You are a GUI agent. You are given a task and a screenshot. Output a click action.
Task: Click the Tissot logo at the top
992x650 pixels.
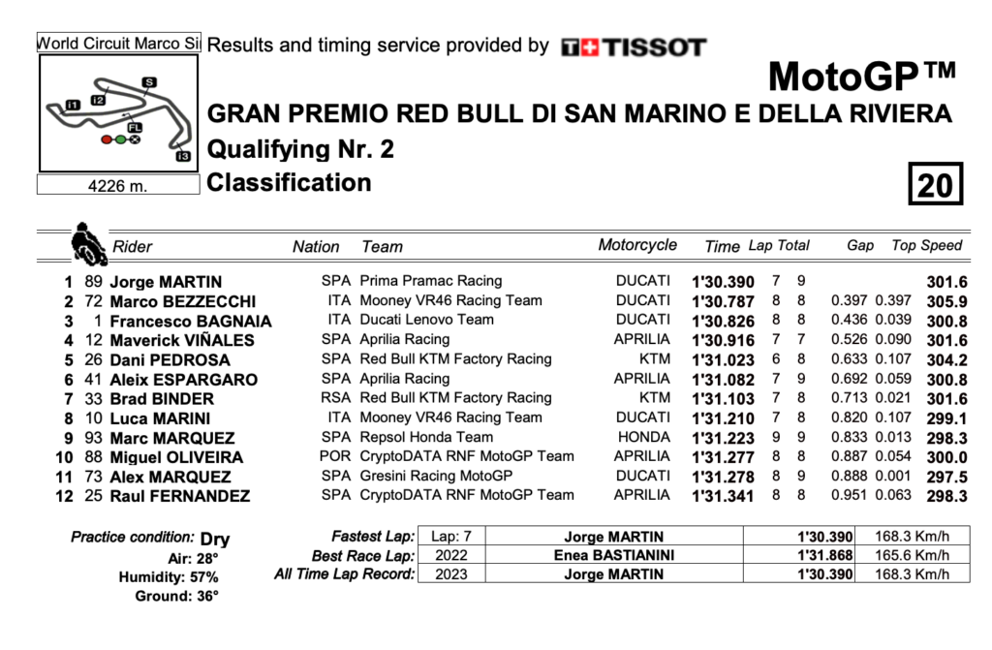635,46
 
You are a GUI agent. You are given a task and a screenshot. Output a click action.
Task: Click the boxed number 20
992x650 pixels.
934,183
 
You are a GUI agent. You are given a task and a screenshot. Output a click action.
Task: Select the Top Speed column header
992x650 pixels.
927,246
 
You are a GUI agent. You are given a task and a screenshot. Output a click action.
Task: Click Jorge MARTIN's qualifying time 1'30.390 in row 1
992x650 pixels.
723,282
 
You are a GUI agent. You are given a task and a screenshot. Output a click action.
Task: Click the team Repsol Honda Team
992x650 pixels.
426,437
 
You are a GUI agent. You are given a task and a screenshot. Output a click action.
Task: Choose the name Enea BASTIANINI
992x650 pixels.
614,555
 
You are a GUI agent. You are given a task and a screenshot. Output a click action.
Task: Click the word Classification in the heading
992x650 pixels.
289,183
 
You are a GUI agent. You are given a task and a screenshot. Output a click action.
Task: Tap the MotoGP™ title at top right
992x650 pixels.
862,75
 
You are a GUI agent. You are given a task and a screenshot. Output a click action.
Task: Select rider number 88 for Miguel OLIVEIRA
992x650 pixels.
94,456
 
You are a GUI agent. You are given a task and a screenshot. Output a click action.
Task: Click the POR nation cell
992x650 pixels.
335,456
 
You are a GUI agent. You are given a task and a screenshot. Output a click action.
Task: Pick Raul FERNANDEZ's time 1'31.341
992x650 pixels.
723,496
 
